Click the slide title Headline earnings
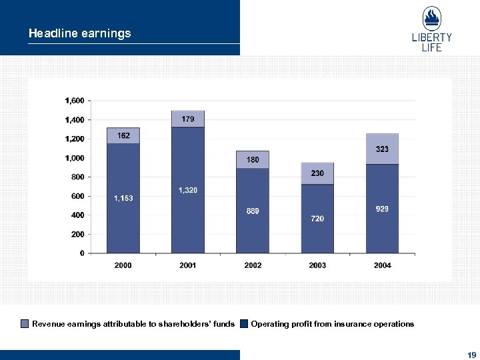click(79, 33)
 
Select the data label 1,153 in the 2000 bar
click(123, 198)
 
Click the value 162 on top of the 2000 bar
click(123, 135)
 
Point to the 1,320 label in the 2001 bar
click(188, 191)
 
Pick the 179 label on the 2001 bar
click(188, 119)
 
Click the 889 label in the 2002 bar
click(253, 211)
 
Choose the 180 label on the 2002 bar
click(253, 160)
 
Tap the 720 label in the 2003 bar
click(317, 219)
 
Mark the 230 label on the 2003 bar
click(317, 173)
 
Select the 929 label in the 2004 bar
click(382, 209)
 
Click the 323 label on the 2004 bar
click(382, 149)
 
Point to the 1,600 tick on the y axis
click(74, 101)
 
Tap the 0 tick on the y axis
click(81, 253)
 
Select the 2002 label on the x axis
click(253, 265)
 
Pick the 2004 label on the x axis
click(382, 265)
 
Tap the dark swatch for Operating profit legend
click(244, 324)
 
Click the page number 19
click(471, 355)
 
